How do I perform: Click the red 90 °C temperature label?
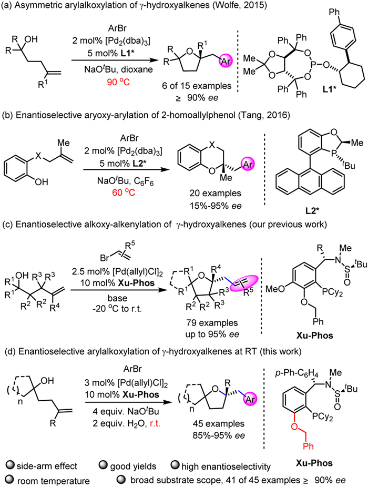(118, 82)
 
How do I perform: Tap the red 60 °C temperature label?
(124, 192)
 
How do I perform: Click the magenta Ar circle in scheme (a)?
(226, 61)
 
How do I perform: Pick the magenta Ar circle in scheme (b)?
(247, 164)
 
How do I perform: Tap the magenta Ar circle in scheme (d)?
(250, 399)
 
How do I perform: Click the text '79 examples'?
(212, 323)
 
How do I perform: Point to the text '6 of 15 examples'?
(197, 86)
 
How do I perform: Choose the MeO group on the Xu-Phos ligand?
(275, 289)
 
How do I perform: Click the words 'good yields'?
(133, 466)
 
